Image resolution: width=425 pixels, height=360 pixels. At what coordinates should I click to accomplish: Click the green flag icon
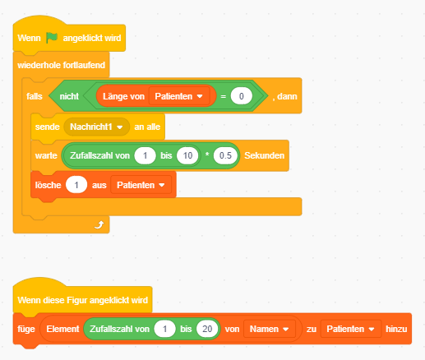[52, 38]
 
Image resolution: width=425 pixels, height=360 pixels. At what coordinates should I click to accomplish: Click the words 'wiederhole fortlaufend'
[61, 65]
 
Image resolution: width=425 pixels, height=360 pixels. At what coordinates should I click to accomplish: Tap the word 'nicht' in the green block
[69, 96]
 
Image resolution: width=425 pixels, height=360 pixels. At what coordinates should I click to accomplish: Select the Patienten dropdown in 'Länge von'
[178, 96]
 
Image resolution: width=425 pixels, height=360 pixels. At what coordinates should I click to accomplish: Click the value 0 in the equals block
[241, 96]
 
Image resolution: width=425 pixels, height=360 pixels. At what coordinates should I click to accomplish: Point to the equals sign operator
[224, 97]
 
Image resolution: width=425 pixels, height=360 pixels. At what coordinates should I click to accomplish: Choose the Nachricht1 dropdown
[96, 127]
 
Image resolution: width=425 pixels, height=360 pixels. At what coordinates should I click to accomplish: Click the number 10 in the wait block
[187, 155]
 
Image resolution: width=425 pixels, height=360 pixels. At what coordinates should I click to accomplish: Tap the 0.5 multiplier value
[225, 155]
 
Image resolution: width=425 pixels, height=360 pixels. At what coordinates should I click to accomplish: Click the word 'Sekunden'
[264, 155]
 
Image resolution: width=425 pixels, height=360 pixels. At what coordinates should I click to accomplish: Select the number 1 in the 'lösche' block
[76, 185]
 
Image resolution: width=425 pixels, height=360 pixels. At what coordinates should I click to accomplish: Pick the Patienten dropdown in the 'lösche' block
[141, 185]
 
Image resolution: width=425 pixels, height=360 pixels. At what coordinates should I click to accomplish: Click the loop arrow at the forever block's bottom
[99, 224]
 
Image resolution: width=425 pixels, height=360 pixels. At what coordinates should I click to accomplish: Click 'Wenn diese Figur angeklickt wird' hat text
[83, 300]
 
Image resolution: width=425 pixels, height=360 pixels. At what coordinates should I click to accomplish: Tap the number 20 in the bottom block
[207, 329]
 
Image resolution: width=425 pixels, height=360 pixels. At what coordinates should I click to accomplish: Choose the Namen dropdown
[270, 329]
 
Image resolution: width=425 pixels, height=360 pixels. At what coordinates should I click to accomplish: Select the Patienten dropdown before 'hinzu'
[351, 329]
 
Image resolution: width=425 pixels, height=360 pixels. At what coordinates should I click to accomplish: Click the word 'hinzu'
[396, 329]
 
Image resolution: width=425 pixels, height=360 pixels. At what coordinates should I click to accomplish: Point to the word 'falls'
[35, 96]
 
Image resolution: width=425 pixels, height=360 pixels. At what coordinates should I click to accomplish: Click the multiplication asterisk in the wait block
[207, 155]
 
